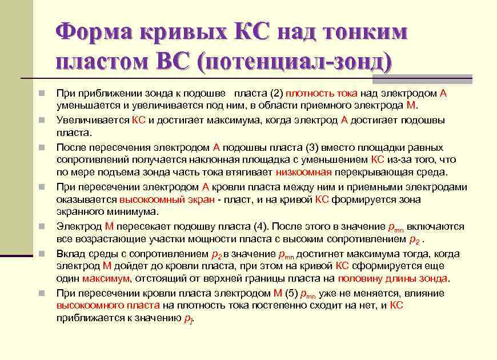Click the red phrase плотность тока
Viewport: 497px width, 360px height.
click(x=321, y=94)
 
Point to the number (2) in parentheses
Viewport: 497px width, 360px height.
click(x=276, y=94)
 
